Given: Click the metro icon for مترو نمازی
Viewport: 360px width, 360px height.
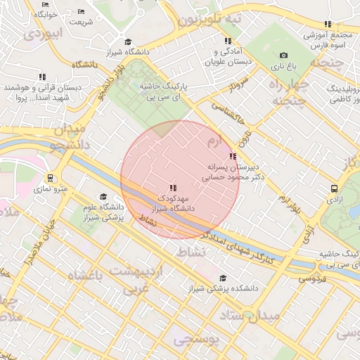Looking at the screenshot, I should (50, 178).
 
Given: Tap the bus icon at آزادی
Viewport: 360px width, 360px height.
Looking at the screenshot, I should (334, 189).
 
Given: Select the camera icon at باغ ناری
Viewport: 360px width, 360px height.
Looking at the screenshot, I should (283, 56).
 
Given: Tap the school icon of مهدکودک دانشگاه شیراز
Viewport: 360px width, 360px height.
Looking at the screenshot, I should (172, 187).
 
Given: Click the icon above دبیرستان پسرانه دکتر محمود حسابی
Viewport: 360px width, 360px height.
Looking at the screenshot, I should (233, 156).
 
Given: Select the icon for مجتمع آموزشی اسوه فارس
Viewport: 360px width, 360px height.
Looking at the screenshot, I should (328, 24).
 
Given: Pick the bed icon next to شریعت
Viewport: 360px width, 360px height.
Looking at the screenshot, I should (80, 11).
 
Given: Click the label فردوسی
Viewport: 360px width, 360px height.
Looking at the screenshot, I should (313, 279).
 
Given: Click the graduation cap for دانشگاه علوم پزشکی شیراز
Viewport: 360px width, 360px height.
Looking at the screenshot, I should (103, 197).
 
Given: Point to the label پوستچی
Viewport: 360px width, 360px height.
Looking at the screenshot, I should (196, 340).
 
